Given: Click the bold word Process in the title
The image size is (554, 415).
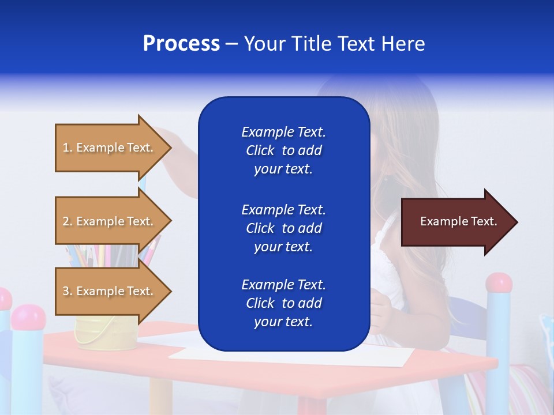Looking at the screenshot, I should (x=181, y=44).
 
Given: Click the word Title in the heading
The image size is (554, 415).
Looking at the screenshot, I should (x=310, y=44).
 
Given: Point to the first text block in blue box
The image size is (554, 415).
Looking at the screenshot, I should (x=283, y=150).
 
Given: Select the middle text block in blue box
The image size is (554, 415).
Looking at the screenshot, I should (x=283, y=228).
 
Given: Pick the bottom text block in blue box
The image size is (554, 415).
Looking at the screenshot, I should (x=283, y=303).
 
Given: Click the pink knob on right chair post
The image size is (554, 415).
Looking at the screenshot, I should (x=499, y=283).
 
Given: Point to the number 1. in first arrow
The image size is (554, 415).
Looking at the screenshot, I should (x=68, y=148).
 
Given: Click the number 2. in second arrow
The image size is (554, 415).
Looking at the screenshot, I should (x=68, y=221).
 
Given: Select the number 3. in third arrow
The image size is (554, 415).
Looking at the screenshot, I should (x=68, y=291).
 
